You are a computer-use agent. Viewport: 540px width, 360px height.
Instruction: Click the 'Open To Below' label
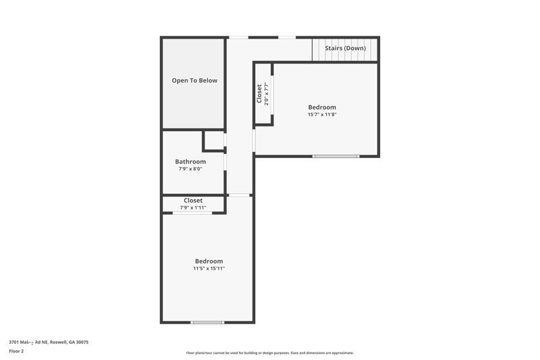194,81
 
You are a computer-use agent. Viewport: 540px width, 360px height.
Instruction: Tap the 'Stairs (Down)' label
345,49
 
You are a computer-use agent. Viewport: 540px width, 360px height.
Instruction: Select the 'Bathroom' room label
190,161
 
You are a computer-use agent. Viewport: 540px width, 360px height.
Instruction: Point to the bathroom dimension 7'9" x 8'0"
190,169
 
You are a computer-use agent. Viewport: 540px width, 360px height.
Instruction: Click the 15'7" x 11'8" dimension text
322,115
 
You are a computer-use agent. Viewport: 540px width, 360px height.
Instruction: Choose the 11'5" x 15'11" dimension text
209,269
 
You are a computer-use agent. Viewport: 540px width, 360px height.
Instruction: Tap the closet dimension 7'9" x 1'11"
193,208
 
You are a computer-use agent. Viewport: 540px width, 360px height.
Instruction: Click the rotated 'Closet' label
259,93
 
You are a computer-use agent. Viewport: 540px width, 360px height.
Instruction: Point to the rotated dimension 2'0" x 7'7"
267,93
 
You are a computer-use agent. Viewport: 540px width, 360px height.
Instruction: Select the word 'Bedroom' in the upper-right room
322,107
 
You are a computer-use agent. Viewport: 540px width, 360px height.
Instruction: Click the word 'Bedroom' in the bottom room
209,261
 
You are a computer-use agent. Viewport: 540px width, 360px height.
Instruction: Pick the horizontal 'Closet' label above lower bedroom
193,201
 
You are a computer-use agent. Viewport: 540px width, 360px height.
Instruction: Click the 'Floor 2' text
16,351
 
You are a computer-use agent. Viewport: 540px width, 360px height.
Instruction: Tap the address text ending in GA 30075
49,342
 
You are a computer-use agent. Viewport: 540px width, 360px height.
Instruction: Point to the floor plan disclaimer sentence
269,353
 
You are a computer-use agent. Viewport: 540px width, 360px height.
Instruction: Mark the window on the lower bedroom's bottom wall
207,322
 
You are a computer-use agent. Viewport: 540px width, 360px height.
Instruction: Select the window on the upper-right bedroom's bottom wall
335,157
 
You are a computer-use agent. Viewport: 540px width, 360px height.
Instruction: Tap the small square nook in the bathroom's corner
214,140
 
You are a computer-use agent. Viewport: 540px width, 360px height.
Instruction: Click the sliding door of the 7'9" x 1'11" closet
192,213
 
